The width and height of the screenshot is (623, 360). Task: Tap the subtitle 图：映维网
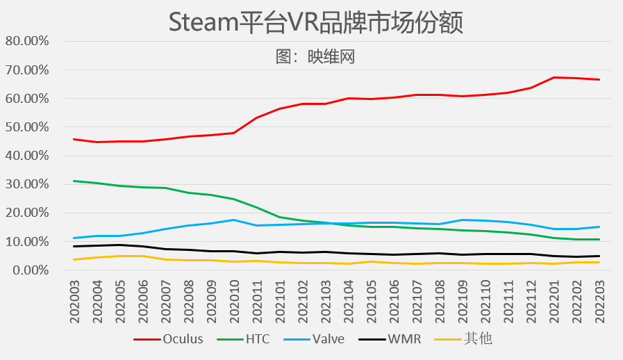[315, 56]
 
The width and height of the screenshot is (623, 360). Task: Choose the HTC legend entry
[257, 339]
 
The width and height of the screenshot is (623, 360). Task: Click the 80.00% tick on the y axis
[27, 41]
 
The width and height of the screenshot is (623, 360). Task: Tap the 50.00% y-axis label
[27, 127]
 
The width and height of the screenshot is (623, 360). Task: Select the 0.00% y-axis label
[30, 270]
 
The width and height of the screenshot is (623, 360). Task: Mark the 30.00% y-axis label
[27, 184]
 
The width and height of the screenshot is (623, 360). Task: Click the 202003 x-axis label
[74, 301]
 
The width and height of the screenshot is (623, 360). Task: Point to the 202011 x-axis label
[256, 301]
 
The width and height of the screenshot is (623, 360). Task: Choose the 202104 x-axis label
[348, 301]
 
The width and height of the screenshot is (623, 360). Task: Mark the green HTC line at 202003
[74, 181]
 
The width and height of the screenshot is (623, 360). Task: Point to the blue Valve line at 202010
[233, 220]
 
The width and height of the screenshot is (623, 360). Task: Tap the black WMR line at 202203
[599, 256]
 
